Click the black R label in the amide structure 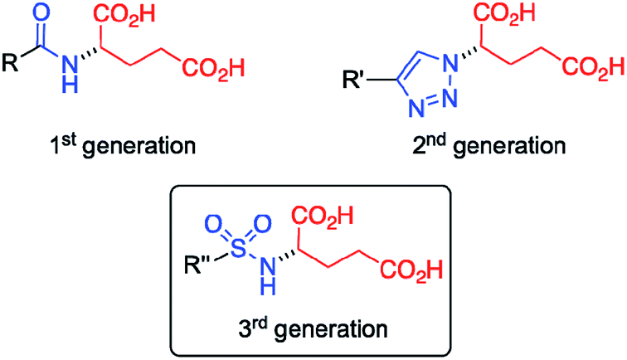point(11,63)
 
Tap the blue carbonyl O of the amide point(41,12)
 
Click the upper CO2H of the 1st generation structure point(124,16)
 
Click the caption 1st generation point(123,146)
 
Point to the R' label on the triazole point(353,79)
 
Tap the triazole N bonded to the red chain point(450,62)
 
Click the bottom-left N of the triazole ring point(416,107)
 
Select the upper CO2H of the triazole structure point(504,13)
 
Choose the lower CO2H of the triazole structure point(594,67)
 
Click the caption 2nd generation point(489,146)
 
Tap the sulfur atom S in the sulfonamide point(238,248)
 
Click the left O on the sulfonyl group point(213,224)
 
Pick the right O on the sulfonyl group point(262,224)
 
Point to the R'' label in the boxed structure point(197,265)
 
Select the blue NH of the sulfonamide point(269,276)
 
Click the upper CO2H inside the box point(323,216)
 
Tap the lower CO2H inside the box point(411,270)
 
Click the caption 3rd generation point(313,329)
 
